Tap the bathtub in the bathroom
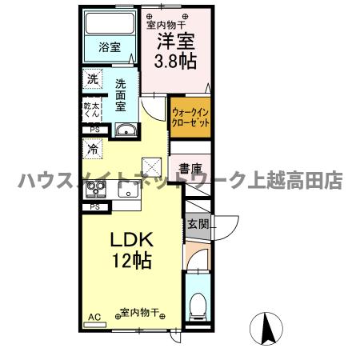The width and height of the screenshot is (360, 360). [110, 24]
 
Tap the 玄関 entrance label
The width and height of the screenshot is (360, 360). [197, 223]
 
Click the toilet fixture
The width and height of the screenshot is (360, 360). [198, 304]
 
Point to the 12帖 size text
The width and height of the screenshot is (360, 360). [131, 261]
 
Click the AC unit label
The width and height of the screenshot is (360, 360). [94, 318]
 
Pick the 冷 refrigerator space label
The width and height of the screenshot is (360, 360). [93, 149]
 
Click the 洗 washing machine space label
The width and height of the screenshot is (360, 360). [93, 79]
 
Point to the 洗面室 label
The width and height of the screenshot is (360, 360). [120, 94]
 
